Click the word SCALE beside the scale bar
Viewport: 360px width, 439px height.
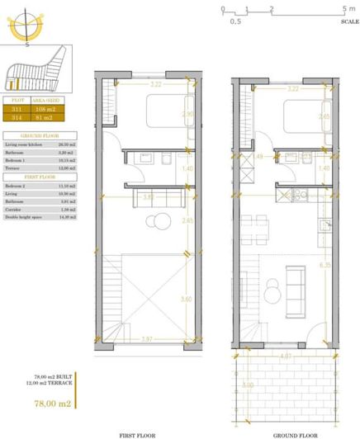(348, 22)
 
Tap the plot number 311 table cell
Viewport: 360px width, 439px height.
(17, 107)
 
